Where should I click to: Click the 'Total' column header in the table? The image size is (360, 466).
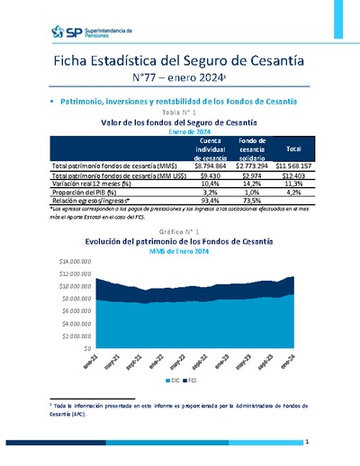tap(292, 148)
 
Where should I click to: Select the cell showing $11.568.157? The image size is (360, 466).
tap(292, 166)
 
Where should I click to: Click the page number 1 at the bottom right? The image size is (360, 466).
tap(307, 443)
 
